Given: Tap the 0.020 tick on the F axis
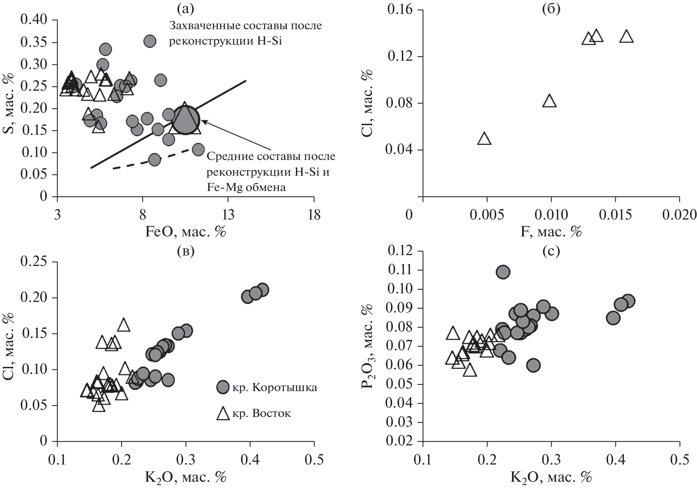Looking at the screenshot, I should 680,215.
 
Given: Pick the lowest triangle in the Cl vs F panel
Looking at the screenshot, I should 484,139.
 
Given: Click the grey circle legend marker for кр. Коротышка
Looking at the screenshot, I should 223,387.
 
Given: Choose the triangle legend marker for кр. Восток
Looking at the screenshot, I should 223,414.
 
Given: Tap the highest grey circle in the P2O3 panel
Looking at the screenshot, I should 503,272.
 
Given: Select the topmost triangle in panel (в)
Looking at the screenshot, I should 124,325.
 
